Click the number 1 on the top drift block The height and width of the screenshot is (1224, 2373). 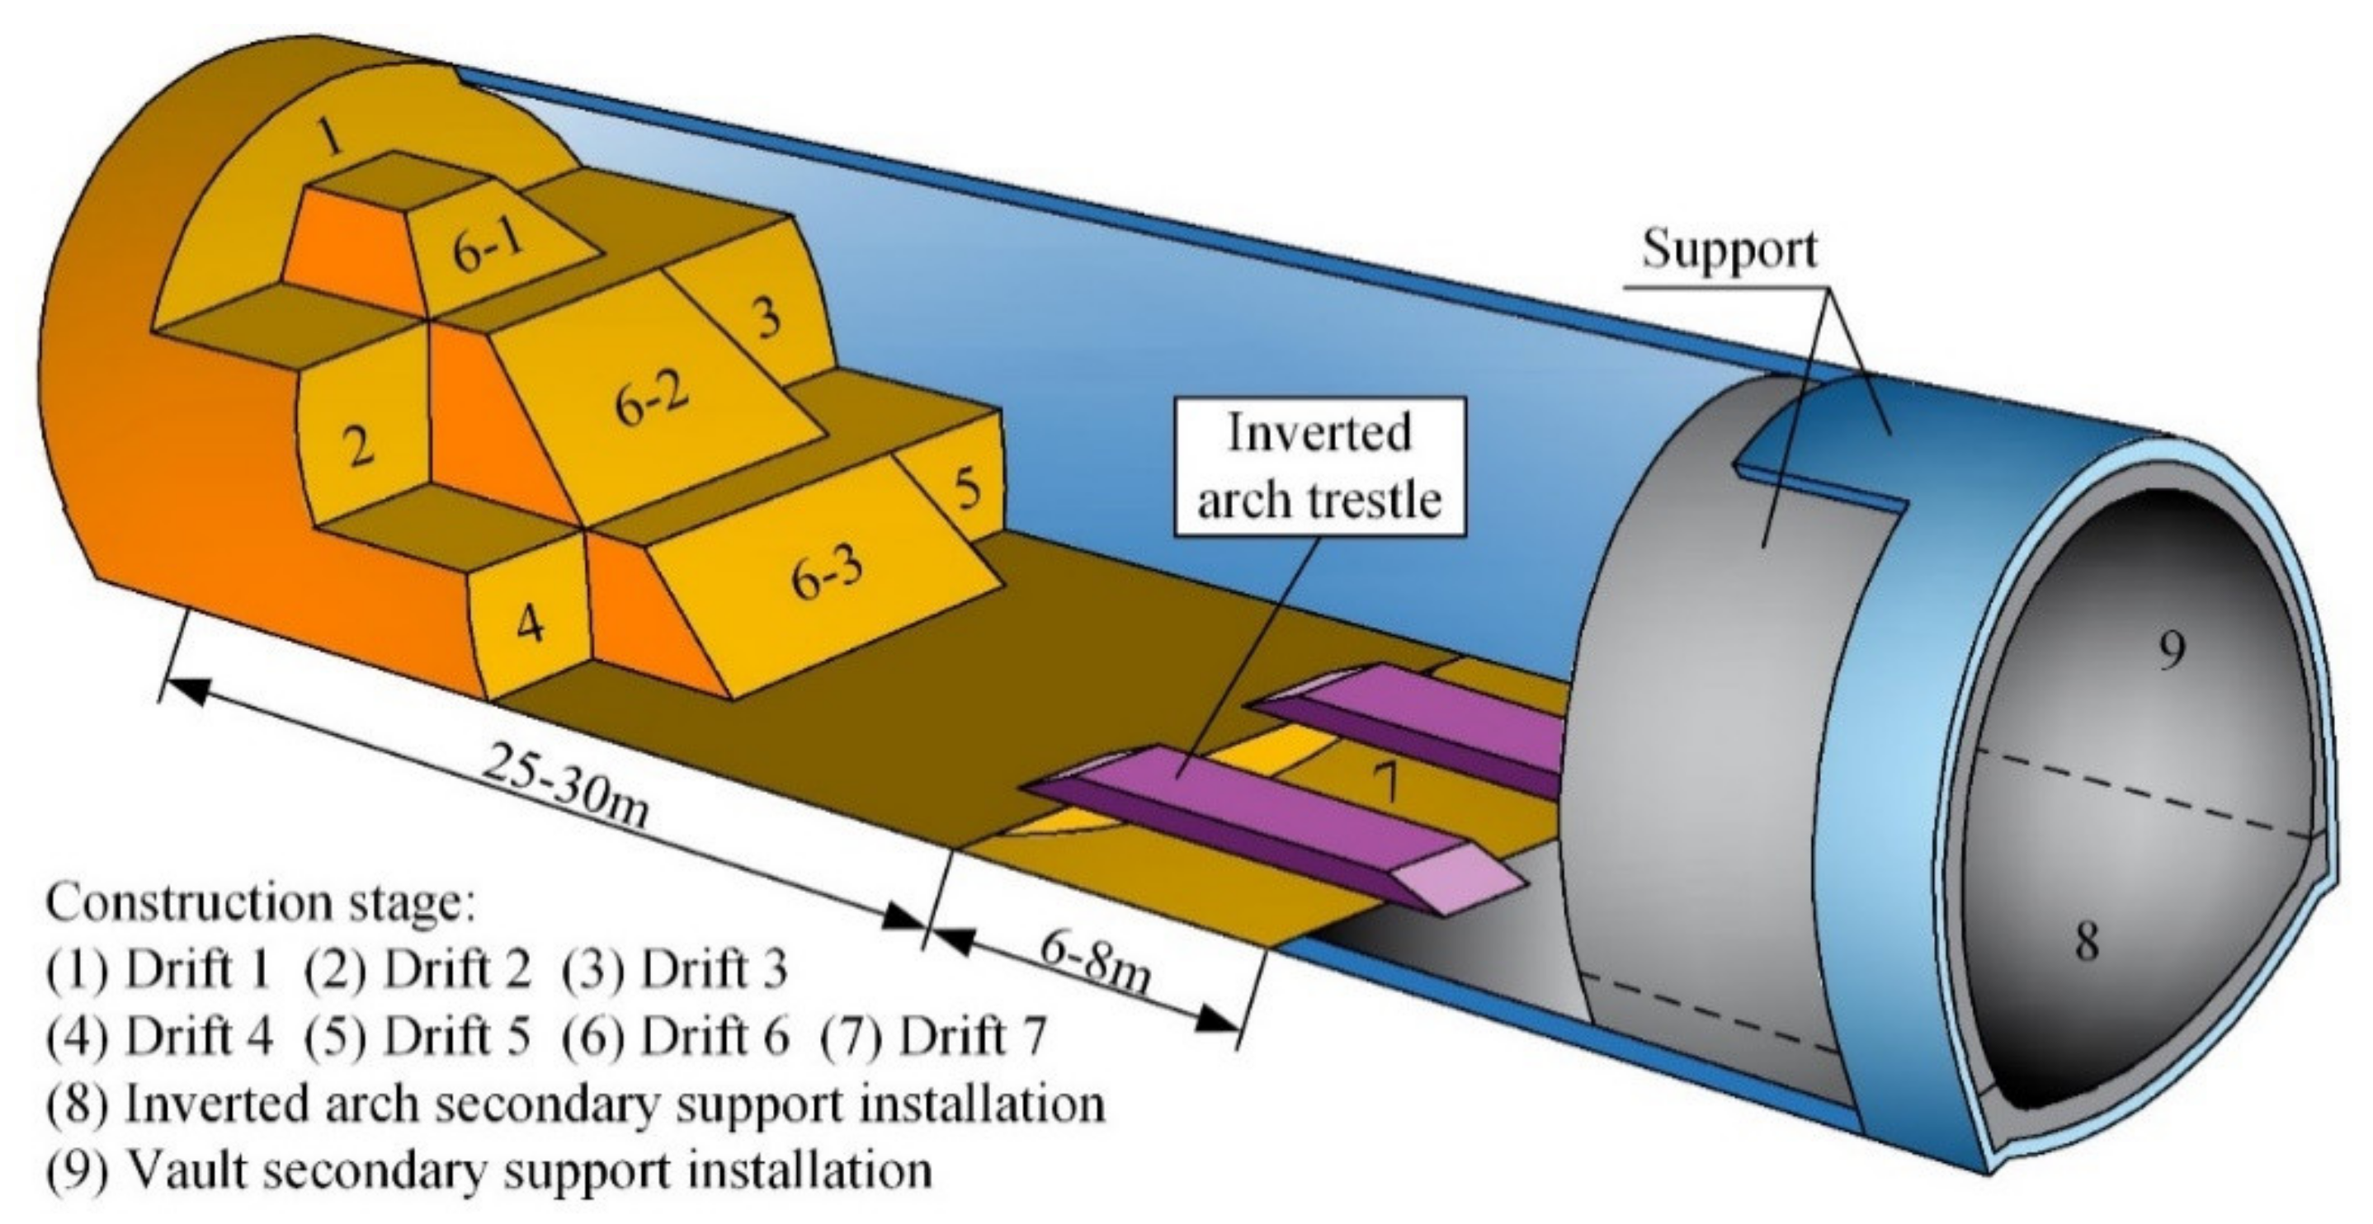[333, 137]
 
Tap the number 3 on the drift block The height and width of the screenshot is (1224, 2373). [767, 318]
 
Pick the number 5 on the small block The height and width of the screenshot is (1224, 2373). [967, 487]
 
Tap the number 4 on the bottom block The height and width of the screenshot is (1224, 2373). [530, 626]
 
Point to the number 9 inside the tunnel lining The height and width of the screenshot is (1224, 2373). [2171, 651]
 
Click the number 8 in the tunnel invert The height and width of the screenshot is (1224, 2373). [2087, 941]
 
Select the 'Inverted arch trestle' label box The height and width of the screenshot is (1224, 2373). [1319, 466]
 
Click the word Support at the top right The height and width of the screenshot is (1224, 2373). [1729, 248]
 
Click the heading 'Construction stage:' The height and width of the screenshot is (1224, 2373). [261, 902]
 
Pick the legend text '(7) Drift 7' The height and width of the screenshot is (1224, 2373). [933, 1035]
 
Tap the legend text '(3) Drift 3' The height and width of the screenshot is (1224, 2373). [675, 969]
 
